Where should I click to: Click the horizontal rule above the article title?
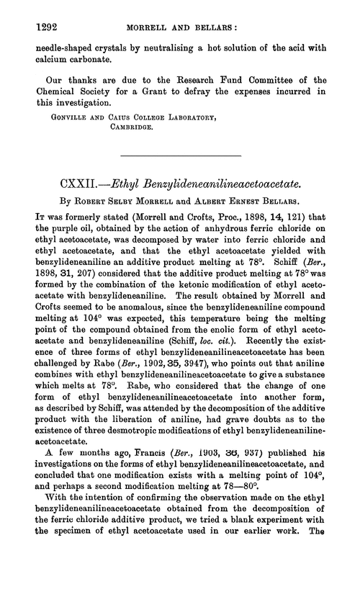click(x=180, y=176)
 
